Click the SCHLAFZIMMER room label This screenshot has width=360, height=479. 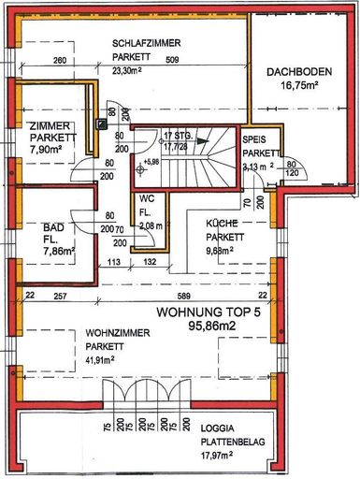146,44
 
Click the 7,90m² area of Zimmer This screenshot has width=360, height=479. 44,148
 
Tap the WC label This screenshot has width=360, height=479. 147,199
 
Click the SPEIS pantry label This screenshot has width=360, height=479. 254,139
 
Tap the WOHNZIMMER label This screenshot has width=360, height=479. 119,332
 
